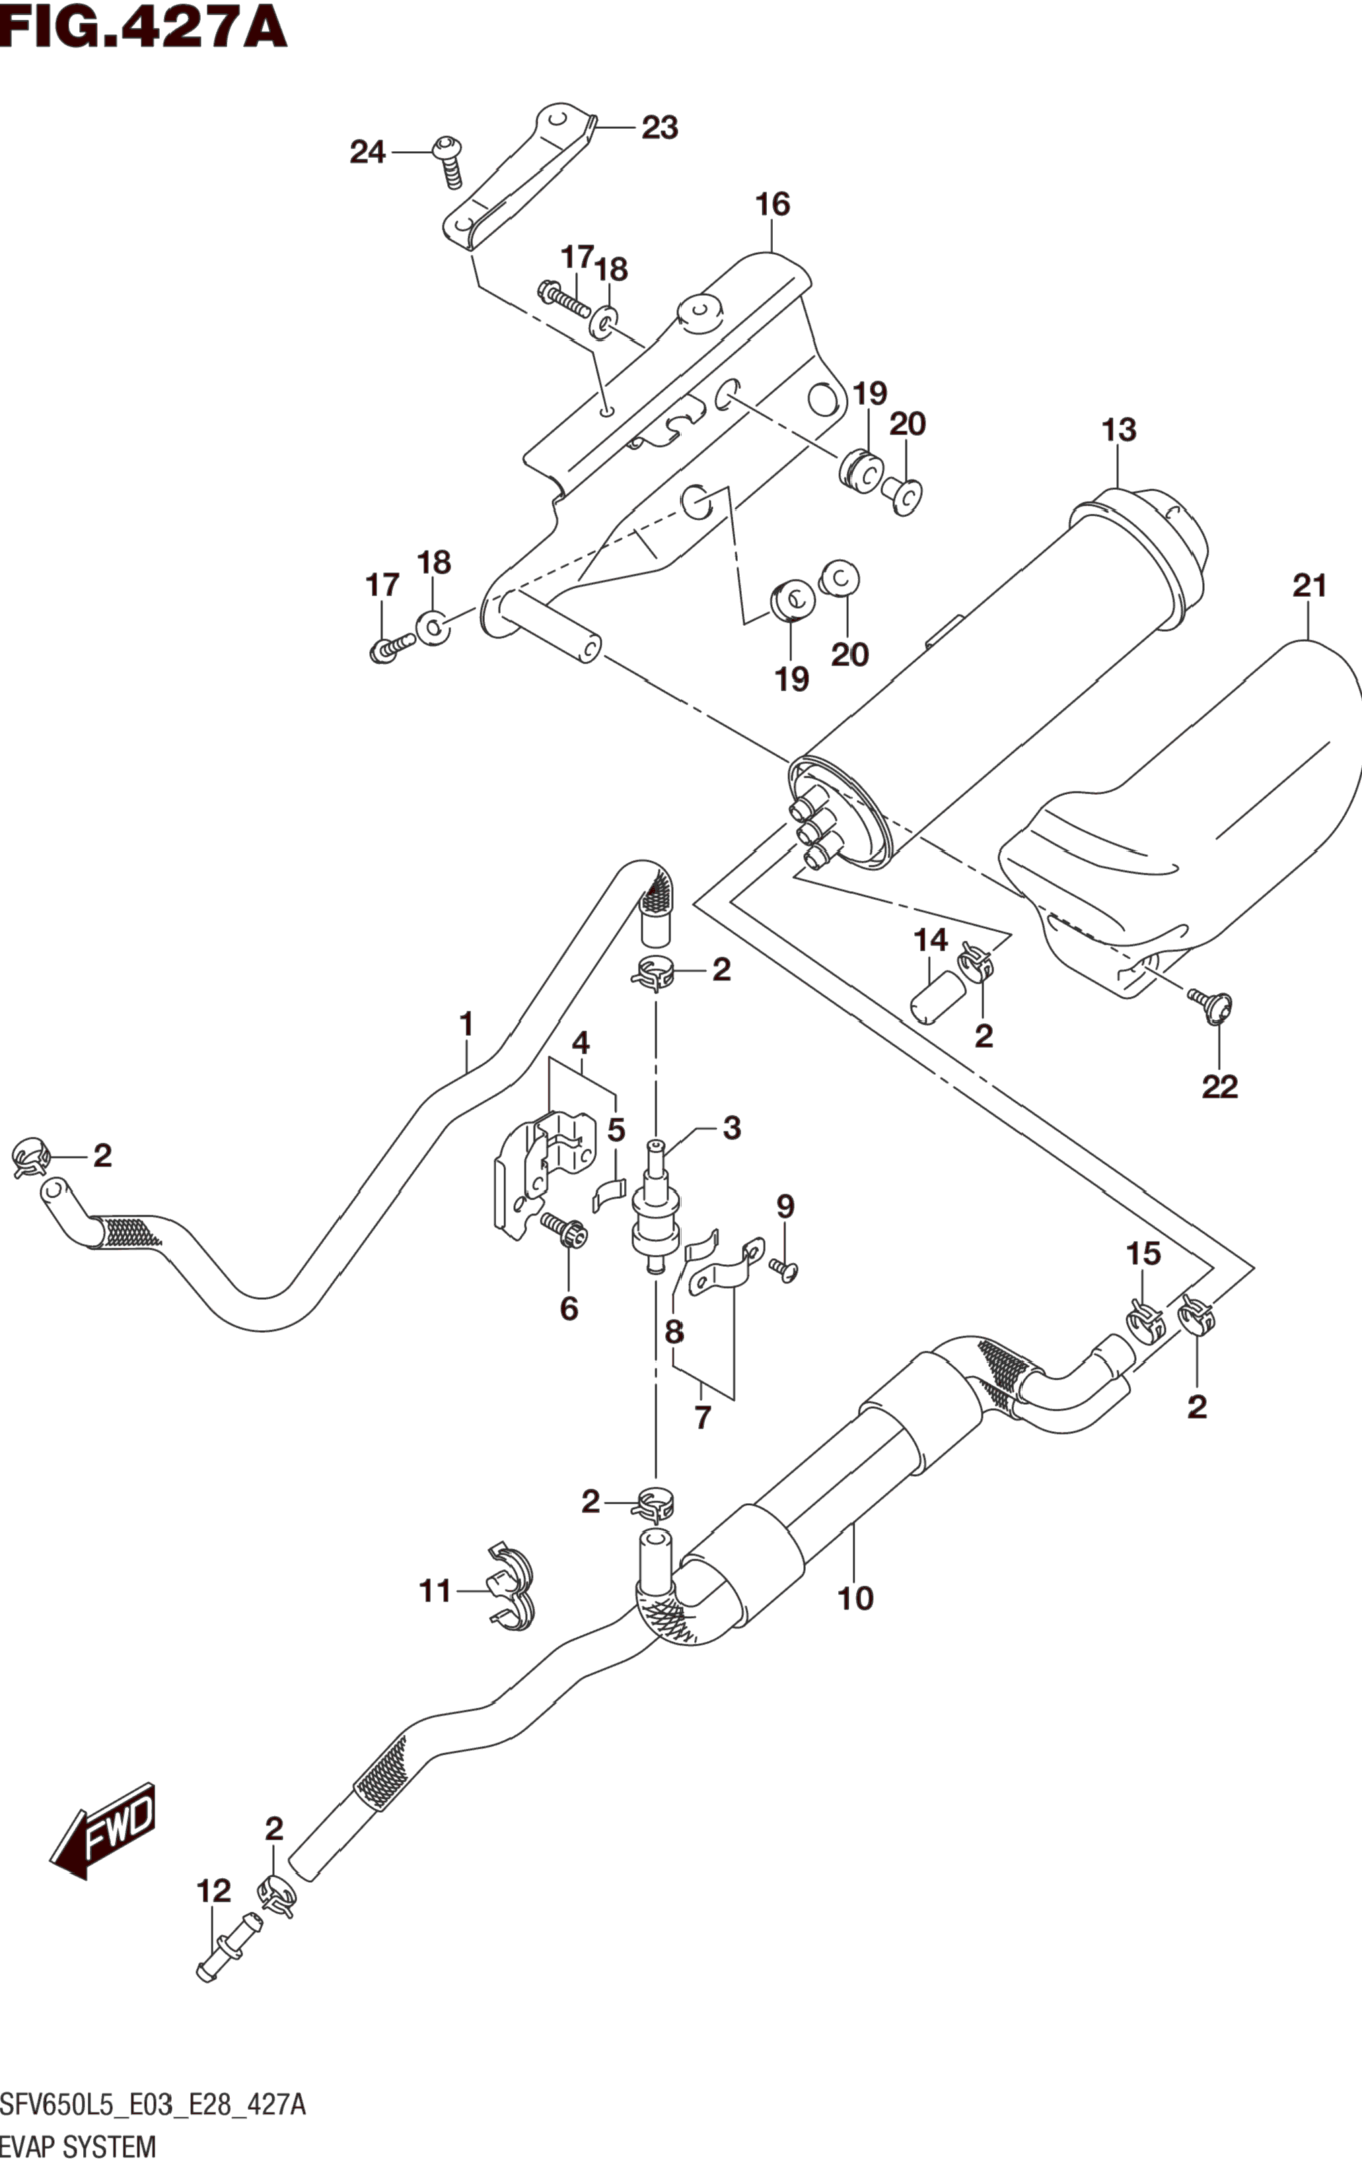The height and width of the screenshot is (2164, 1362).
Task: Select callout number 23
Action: coord(659,129)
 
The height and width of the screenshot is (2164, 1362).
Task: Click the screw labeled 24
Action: coord(448,162)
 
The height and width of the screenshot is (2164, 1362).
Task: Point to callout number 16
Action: coord(772,205)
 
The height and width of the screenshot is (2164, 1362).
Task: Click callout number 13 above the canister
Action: coord(1120,430)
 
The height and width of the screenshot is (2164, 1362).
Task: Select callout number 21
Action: coord(1309,587)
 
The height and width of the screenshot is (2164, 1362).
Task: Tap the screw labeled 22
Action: coord(1210,1004)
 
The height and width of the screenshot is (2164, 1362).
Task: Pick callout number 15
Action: coord(1143,1254)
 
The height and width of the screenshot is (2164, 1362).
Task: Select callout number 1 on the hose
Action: coord(466,1024)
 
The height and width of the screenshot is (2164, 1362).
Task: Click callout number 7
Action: coord(702,1419)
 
